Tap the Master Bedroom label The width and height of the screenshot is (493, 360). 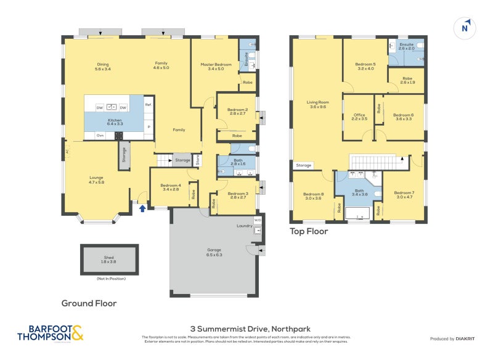[215, 67]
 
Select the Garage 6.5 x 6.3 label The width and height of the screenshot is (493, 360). [214, 252]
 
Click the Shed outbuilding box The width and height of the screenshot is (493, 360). [109, 260]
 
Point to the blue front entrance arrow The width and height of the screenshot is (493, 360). [142, 208]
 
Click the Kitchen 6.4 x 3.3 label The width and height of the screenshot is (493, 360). [115, 122]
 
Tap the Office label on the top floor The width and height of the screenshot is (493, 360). [359, 117]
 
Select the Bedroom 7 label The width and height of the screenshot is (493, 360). [404, 195]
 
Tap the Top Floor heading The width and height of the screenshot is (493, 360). [309, 232]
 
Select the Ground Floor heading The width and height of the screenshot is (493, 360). [89, 303]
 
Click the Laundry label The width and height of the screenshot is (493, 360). [244, 226]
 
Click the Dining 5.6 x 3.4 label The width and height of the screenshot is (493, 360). [103, 67]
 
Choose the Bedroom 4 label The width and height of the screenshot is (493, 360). [170, 187]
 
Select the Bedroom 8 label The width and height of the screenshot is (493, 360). [313, 196]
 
